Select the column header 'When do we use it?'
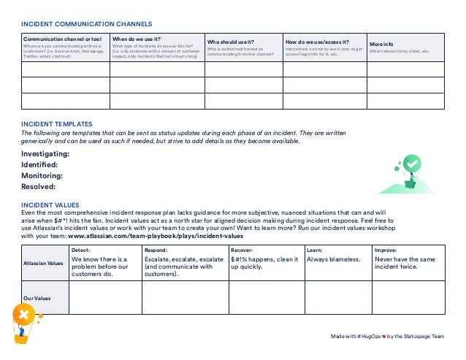click(x=137, y=39)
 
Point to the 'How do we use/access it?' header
click(x=317, y=42)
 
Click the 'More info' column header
click(x=382, y=44)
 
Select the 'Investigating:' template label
click(x=45, y=154)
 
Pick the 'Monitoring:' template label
click(x=41, y=176)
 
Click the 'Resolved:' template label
click(x=39, y=187)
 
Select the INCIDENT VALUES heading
click(x=50, y=205)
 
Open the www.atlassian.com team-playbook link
click(x=156, y=237)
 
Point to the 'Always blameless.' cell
click(x=333, y=259)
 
